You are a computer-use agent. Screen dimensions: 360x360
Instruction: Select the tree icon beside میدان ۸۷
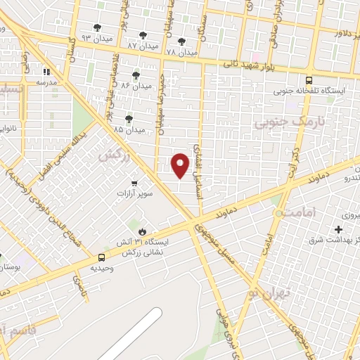click(143, 34)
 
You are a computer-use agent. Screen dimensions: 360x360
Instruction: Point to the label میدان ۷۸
click(181, 53)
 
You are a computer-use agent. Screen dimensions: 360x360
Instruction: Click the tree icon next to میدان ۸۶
click(136, 75)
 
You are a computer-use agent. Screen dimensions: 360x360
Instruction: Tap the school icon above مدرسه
click(46, 72)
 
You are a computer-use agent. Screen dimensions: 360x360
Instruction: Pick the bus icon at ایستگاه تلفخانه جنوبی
click(310, 79)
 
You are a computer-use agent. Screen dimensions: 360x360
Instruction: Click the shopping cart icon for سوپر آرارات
click(134, 184)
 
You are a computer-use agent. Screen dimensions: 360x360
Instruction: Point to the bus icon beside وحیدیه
click(102, 258)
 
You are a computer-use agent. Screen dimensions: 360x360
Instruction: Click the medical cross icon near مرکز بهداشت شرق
click(339, 229)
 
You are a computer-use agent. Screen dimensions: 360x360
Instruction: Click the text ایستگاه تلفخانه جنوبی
click(311, 91)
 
